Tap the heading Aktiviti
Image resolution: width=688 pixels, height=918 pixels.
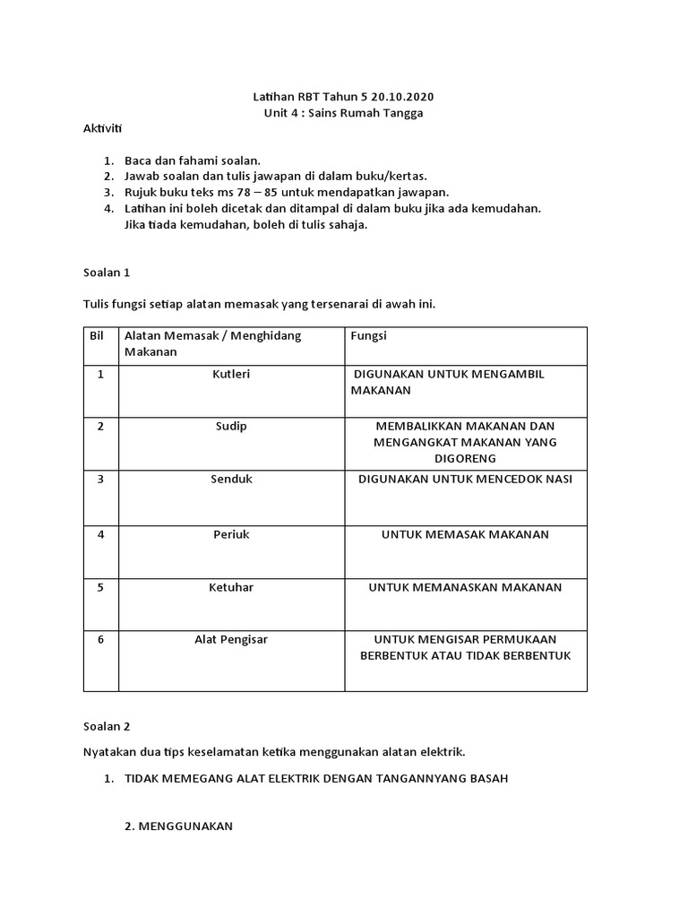click(x=102, y=129)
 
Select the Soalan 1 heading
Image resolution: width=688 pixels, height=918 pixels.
click(x=107, y=271)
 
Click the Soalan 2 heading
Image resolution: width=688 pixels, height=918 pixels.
click(x=107, y=726)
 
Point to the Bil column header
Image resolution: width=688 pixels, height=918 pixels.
click(x=98, y=335)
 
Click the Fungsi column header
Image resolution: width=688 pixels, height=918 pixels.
click(x=368, y=335)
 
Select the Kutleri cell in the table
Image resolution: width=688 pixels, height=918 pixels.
click(x=231, y=374)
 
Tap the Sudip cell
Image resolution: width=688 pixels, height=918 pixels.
click(x=231, y=426)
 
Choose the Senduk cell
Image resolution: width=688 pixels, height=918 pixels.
click(x=231, y=479)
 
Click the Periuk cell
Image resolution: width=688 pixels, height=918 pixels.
click(x=231, y=534)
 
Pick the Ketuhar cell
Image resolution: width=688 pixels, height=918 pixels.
click(x=231, y=587)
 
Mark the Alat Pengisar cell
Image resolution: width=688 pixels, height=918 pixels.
click(x=231, y=639)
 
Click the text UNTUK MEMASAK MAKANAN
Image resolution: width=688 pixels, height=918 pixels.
click(x=465, y=534)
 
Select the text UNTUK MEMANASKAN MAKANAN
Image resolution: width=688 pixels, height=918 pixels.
click(x=465, y=587)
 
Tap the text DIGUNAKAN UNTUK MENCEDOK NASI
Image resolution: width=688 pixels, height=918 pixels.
click(x=465, y=479)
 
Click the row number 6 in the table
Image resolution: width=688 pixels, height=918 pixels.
click(x=100, y=639)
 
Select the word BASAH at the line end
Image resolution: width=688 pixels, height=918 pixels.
click(x=488, y=778)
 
